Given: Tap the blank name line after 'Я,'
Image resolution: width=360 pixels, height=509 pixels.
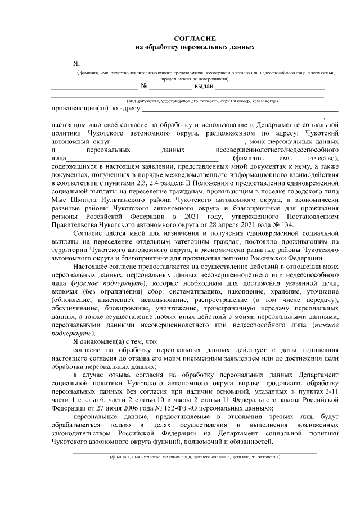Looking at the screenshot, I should (202, 65).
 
